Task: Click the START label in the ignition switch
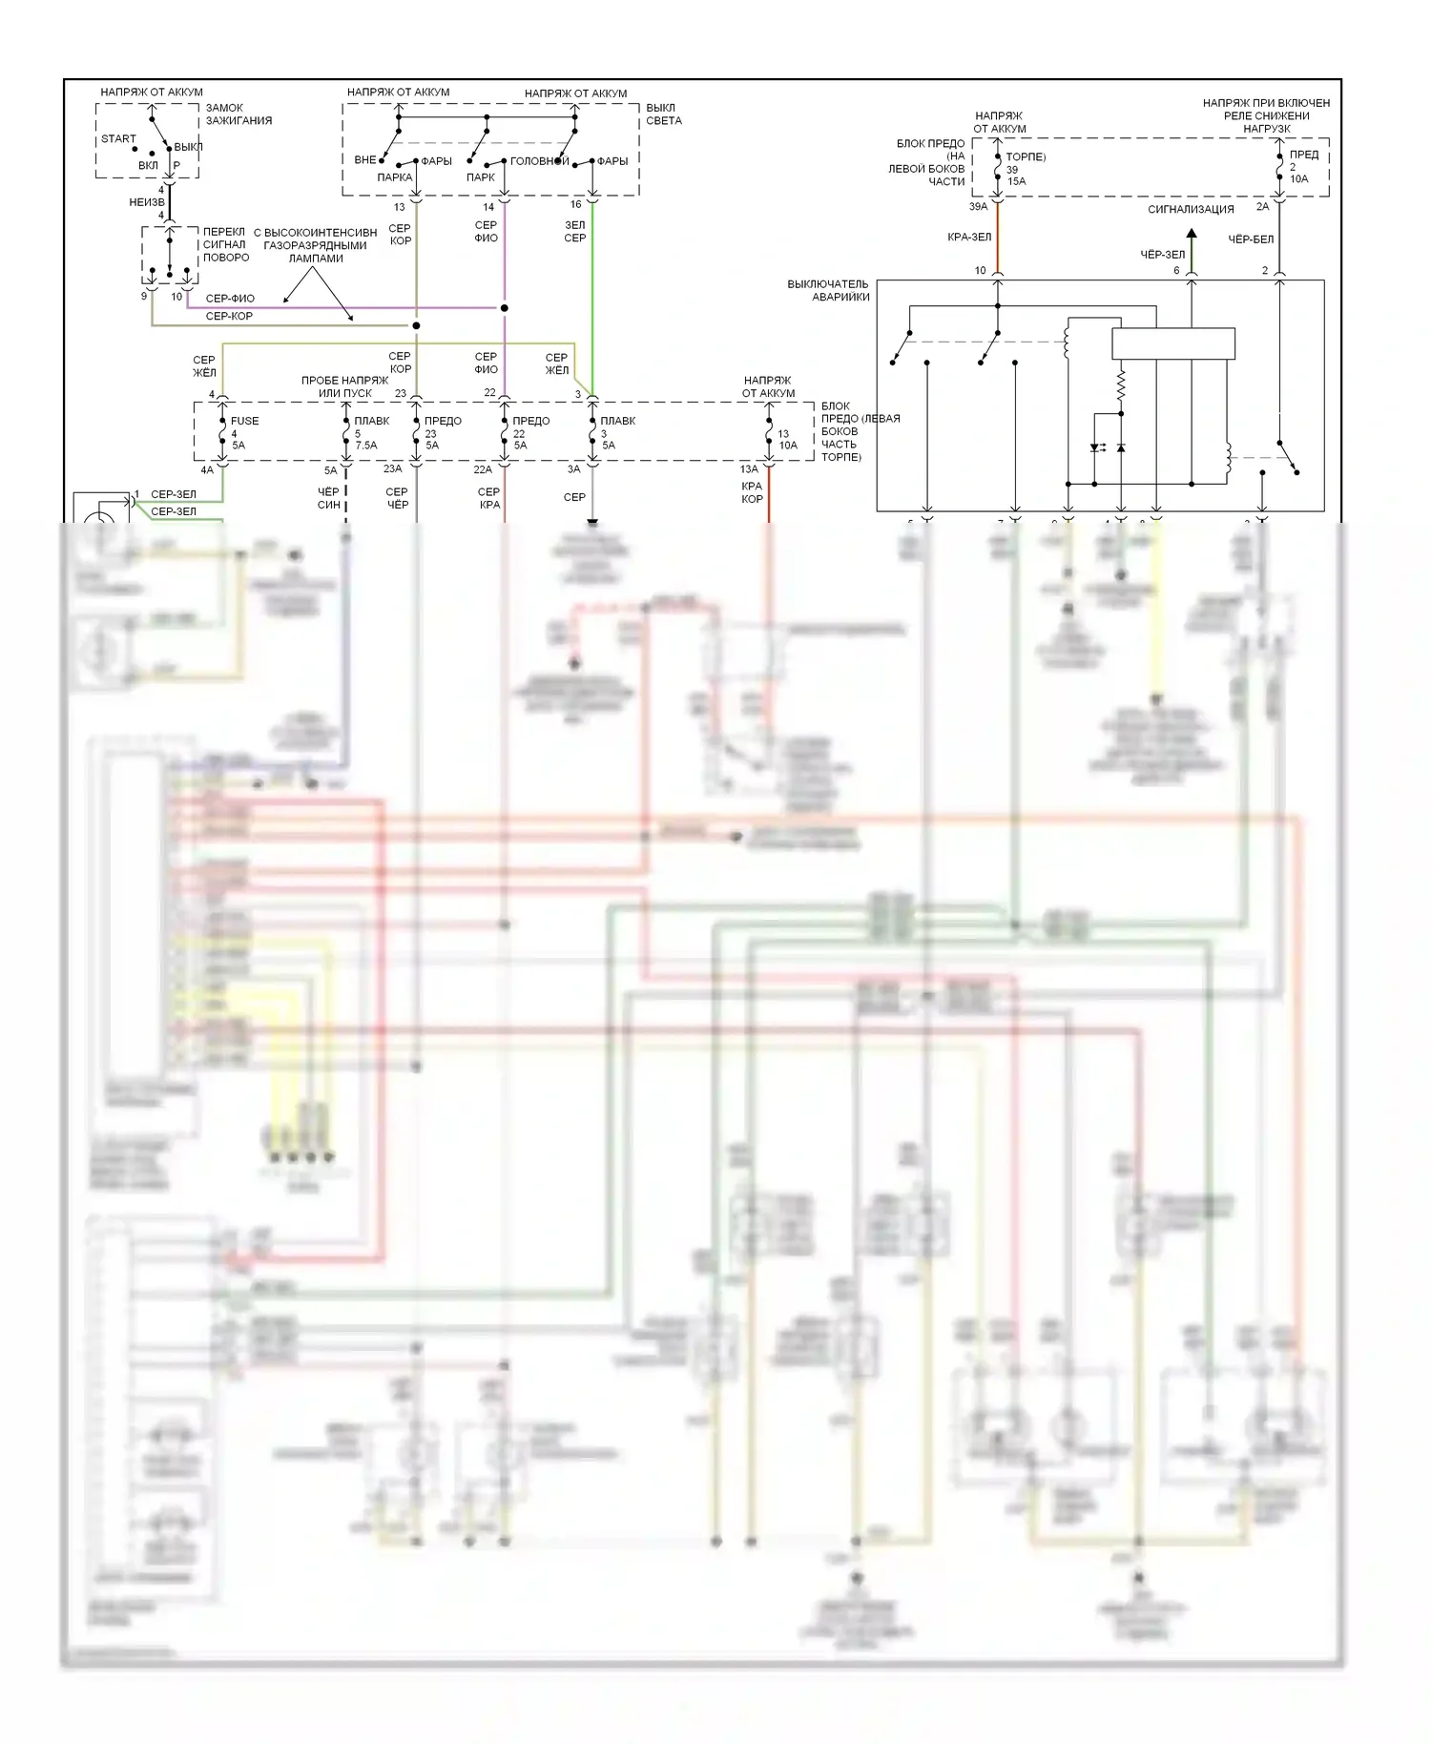tap(118, 139)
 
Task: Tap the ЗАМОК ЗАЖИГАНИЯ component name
tap(238, 114)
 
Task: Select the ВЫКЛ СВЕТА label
tap(664, 114)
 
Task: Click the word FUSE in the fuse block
tap(244, 421)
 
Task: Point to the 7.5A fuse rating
tap(366, 446)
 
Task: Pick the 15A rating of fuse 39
tap(1017, 181)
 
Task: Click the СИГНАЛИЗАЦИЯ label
tap(1191, 210)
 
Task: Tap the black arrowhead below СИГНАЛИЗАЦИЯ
tap(1192, 234)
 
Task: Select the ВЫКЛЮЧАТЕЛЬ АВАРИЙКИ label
tap(827, 290)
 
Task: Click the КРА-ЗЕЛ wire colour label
tap(969, 238)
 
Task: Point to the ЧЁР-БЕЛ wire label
tap(1251, 239)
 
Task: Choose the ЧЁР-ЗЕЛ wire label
tap(1163, 255)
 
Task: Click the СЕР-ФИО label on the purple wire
tap(230, 299)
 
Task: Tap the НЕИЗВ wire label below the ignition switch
tap(147, 202)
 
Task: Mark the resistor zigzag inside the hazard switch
tap(1121, 385)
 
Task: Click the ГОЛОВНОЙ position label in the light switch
tap(539, 161)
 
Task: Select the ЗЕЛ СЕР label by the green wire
tap(574, 232)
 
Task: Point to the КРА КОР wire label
tap(752, 492)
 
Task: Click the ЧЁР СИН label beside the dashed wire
tap(329, 498)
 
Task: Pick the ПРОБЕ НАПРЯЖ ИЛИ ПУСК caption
tap(344, 386)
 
